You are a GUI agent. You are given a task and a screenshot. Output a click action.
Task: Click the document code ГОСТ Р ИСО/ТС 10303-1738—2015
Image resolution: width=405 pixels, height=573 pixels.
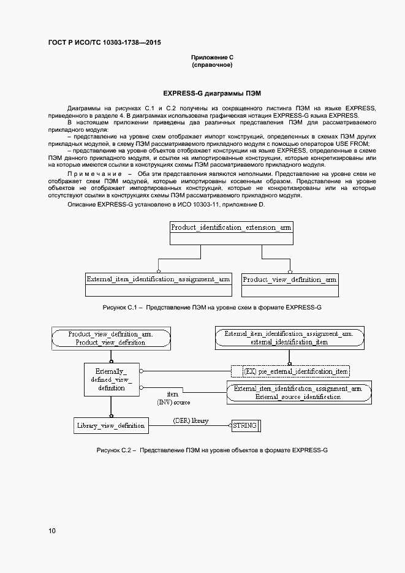tap(105, 43)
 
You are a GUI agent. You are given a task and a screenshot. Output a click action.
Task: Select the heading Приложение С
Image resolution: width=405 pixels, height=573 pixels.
tap(212, 57)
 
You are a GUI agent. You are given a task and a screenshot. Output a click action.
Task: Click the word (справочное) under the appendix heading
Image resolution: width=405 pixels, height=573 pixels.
tap(212, 65)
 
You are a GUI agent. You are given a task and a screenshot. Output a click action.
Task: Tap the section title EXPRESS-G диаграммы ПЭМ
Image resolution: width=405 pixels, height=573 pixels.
tap(212, 94)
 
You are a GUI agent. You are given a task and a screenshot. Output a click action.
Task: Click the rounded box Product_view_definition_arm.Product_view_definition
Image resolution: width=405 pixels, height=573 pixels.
tap(110, 338)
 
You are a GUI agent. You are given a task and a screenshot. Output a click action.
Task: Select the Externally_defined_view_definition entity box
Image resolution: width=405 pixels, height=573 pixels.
tap(110, 379)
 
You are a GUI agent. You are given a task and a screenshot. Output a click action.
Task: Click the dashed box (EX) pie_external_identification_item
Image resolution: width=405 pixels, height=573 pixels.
tap(290, 371)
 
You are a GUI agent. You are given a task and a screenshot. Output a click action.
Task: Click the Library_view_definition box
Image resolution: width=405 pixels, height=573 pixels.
tap(110, 425)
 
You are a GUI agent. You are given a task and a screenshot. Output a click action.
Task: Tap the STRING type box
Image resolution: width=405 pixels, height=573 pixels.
tap(244, 425)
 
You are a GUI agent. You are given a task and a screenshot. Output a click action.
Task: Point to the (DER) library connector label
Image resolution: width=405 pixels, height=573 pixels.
tap(191, 421)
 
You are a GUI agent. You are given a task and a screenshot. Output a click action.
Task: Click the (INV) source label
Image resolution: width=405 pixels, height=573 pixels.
tap(173, 402)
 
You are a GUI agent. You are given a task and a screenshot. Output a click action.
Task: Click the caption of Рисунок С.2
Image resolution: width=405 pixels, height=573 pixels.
tap(212, 450)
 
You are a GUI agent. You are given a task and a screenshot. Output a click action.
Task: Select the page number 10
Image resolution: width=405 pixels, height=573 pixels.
tap(52, 531)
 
